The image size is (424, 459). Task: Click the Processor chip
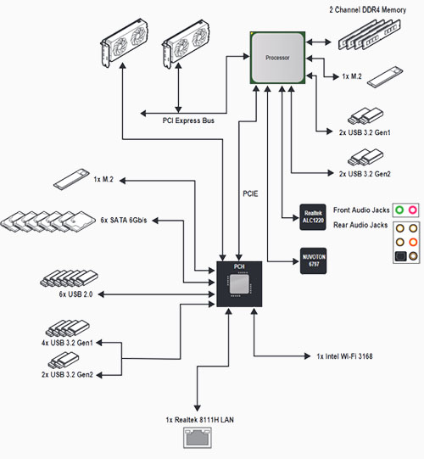tap(277, 58)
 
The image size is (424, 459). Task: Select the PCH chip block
tap(239, 284)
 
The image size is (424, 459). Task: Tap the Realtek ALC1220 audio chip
tap(313, 217)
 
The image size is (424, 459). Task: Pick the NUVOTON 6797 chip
tap(314, 260)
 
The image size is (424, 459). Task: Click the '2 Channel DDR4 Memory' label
tap(368, 10)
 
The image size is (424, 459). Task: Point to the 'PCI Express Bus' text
tap(188, 120)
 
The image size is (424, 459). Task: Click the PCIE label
tap(250, 193)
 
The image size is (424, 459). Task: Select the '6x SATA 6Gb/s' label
tap(124, 220)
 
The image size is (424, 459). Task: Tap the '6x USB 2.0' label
tap(75, 294)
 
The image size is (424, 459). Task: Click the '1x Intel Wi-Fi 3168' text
tap(344, 356)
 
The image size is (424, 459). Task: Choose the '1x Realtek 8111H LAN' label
tap(200, 420)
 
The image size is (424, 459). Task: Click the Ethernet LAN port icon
tap(198, 438)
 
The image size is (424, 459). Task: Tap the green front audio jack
tap(399, 210)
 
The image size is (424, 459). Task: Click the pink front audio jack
tap(413, 210)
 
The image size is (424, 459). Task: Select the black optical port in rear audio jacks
tap(400, 256)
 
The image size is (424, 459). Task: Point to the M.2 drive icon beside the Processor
tap(385, 77)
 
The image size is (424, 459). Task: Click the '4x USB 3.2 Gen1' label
tap(67, 343)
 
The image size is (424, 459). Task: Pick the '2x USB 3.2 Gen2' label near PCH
tap(67, 374)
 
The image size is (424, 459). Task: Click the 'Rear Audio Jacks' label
tap(360, 225)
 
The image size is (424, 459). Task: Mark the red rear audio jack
tap(413, 242)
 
